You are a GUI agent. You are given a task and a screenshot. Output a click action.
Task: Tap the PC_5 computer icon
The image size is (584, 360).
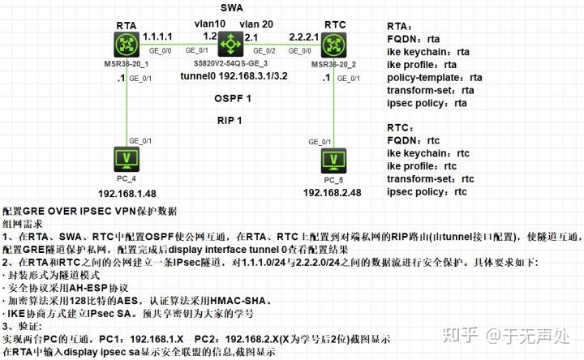pyautogui.click(x=331, y=160)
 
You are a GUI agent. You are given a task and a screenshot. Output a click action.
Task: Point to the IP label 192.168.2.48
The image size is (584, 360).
pyautogui.click(x=333, y=194)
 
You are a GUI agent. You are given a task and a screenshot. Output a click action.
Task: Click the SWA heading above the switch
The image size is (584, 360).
pyautogui.click(x=230, y=6)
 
